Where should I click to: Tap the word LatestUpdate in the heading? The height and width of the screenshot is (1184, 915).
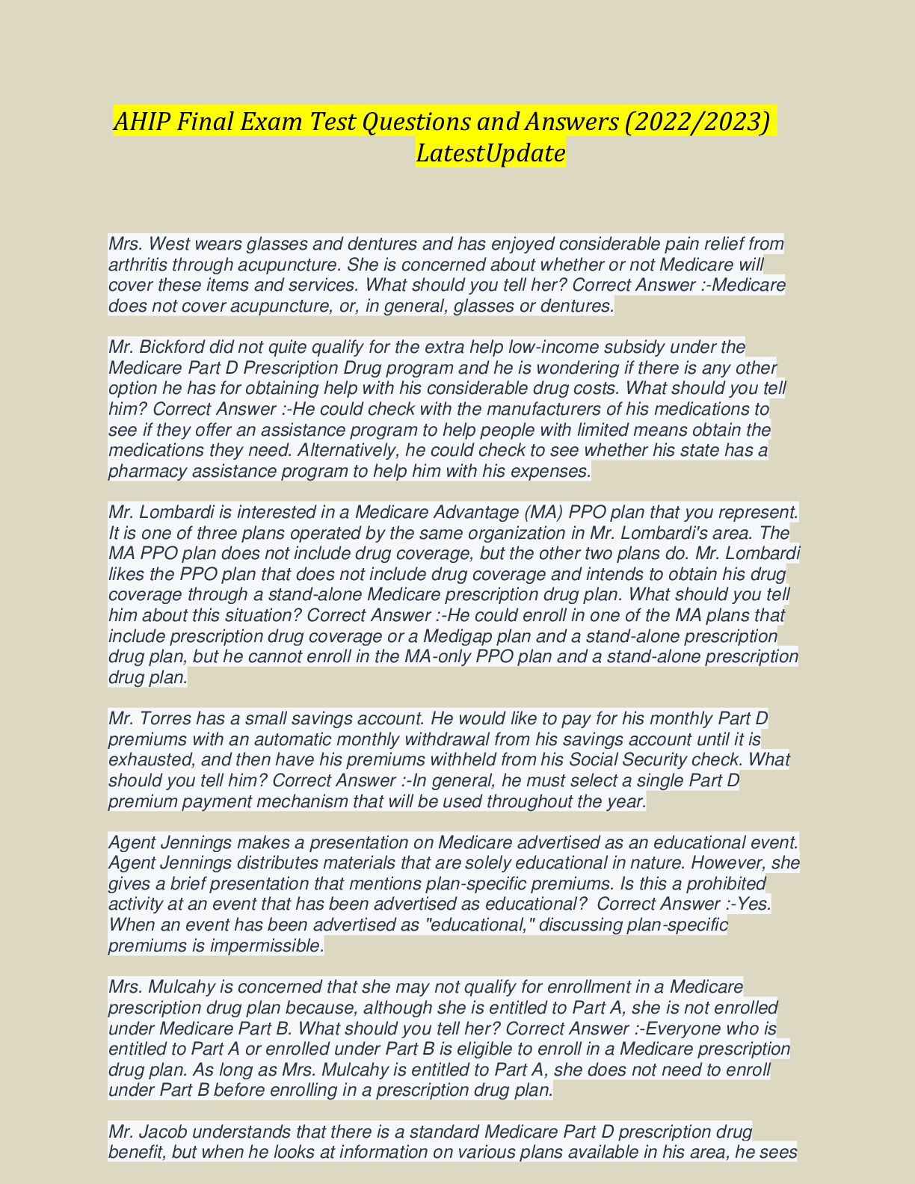[490, 153]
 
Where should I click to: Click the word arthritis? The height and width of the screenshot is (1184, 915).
[138, 265]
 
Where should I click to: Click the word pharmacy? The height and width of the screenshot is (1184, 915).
[144, 472]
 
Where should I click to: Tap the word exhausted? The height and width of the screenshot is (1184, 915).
[148, 760]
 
